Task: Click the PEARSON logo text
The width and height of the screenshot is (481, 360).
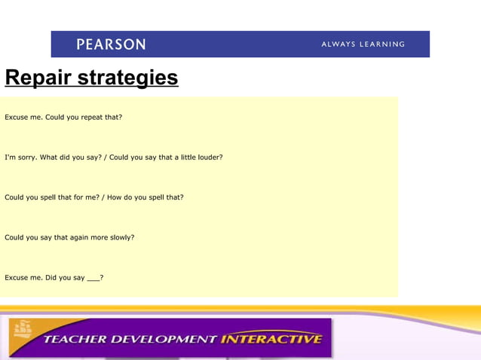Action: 111,44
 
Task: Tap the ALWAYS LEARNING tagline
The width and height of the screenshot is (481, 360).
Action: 363,44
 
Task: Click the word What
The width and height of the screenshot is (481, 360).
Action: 48,157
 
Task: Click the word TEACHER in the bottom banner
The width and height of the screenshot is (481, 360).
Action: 75,339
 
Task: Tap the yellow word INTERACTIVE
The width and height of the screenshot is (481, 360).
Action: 271,339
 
